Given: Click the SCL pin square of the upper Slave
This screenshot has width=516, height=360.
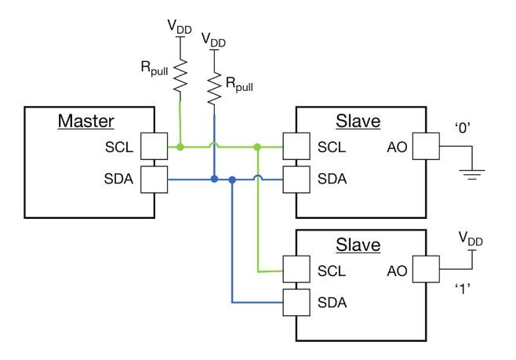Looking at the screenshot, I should (x=295, y=146).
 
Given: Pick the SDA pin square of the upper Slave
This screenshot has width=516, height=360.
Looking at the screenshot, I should (x=295, y=180).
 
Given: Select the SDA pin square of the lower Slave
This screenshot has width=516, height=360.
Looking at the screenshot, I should (x=295, y=302).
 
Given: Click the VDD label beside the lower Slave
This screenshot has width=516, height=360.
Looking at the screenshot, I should (x=471, y=236).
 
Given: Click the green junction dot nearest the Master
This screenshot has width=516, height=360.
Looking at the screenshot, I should (x=180, y=146).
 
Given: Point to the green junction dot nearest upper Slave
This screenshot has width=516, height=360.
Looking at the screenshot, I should (x=257, y=146).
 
